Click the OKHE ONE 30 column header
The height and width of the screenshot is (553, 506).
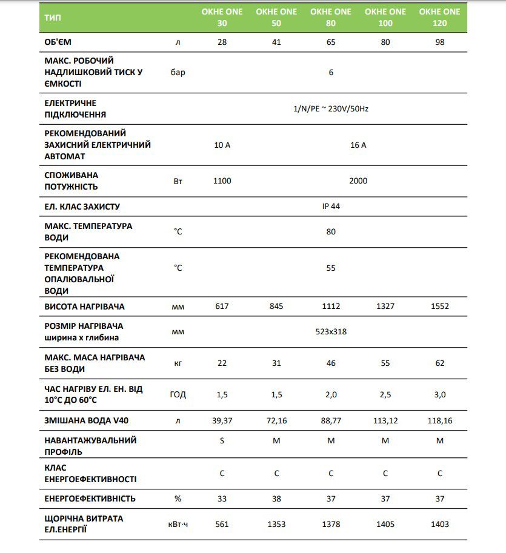[222, 17]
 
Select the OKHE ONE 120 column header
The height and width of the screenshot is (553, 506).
[440, 17]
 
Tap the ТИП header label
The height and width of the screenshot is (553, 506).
[53, 17]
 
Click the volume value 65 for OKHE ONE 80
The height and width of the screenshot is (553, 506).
[331, 42]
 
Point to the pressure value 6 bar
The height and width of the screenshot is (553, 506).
[331, 73]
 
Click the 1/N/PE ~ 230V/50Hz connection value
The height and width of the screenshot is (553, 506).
[330, 108]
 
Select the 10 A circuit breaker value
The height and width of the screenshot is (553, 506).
[222, 145]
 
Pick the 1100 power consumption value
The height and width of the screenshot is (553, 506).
[222, 180]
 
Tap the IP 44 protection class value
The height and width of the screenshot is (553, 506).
[331, 206]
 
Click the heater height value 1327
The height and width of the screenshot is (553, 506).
[385, 306]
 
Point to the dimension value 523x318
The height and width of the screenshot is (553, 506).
[331, 331]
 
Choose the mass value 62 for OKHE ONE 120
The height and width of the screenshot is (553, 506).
[440, 363]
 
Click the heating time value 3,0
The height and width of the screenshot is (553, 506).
[440, 394]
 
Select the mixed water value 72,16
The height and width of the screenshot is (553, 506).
[276, 420]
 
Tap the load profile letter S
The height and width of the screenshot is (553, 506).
[222, 440]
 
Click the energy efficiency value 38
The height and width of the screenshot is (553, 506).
[276, 498]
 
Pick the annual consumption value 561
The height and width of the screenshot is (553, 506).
[222, 524]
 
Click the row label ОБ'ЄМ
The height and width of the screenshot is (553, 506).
[62, 42]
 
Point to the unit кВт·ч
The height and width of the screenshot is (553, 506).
[178, 524]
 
